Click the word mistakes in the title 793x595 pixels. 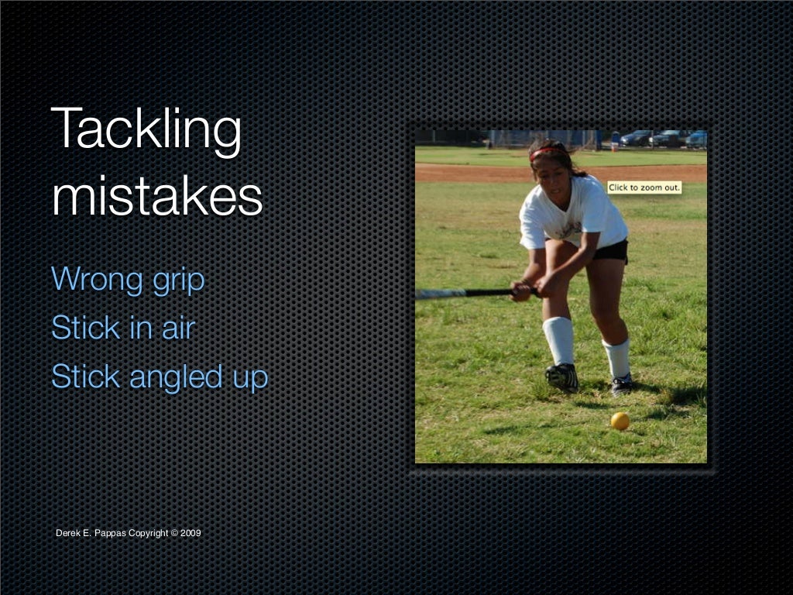click(x=157, y=198)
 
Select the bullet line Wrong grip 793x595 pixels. click(x=128, y=280)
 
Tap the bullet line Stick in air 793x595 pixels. click(x=122, y=328)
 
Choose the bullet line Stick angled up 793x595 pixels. click(x=160, y=377)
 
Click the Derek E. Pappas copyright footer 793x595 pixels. click(x=129, y=533)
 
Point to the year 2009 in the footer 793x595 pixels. click(x=191, y=533)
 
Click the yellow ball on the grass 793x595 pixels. click(x=620, y=421)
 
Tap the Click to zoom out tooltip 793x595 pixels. click(x=644, y=187)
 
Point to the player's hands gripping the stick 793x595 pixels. click(x=534, y=289)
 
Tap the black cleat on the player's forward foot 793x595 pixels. click(x=561, y=377)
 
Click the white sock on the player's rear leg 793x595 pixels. click(x=617, y=357)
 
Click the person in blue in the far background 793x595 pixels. click(x=615, y=139)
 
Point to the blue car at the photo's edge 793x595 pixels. click(x=697, y=139)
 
